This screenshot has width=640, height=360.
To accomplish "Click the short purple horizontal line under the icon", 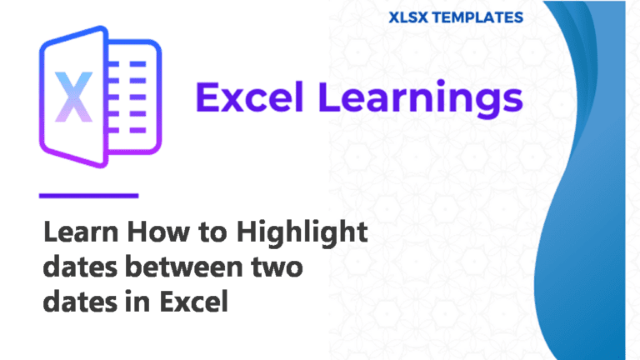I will click(88, 196).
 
